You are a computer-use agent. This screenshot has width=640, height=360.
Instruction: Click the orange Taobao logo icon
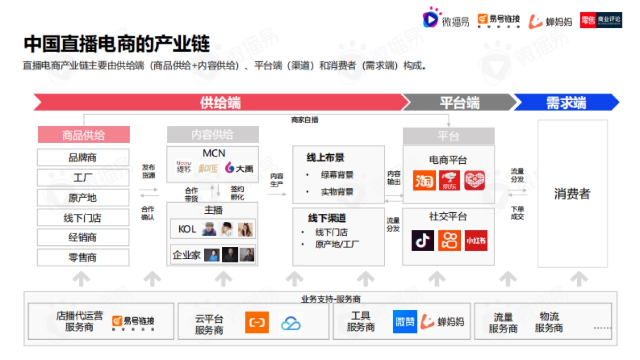[x=424, y=181]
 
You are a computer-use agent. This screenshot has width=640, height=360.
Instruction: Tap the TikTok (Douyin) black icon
[x=422, y=241]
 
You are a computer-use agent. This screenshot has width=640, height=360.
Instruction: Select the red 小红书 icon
[x=475, y=241]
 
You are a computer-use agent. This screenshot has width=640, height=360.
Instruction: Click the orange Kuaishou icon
[x=449, y=241]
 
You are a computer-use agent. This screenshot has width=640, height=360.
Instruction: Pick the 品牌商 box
[x=83, y=158]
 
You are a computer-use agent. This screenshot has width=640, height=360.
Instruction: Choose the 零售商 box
[x=83, y=258]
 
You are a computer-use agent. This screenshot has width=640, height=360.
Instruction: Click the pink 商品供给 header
[x=84, y=135]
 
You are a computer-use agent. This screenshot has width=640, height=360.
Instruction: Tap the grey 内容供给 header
[x=212, y=134]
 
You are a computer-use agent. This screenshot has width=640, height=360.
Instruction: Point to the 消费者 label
[x=572, y=194]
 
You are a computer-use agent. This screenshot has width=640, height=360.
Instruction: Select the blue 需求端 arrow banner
[x=566, y=102]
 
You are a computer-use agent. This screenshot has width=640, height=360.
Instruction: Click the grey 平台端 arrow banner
[x=458, y=102]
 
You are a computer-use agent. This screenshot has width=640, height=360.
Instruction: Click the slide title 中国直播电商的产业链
[x=116, y=44]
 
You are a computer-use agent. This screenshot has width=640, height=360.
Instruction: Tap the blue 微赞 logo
[x=405, y=322]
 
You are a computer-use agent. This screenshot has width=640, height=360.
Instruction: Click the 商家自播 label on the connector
[x=305, y=120]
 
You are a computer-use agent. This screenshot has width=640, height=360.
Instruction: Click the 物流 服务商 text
[x=549, y=322]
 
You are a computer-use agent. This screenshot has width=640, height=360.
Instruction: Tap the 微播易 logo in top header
[x=446, y=20]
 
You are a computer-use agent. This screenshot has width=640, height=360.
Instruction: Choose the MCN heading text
[x=213, y=154]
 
